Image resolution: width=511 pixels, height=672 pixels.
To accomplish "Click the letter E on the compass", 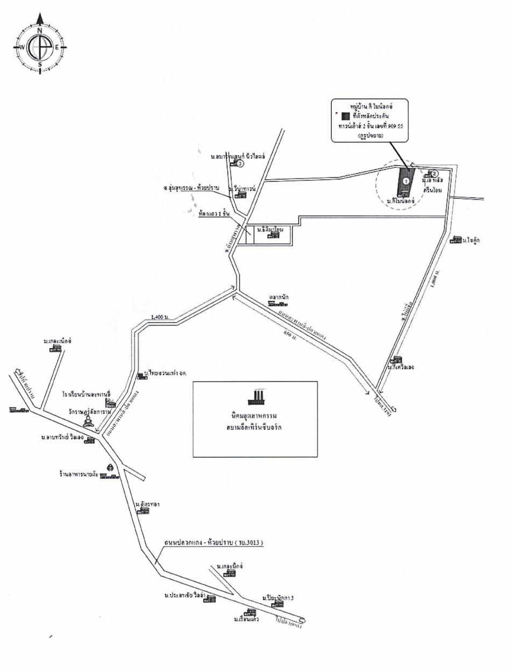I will point(57,47).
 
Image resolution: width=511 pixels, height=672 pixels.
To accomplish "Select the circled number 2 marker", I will point(436,173).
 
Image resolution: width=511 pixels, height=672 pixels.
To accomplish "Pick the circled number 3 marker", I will point(242,164).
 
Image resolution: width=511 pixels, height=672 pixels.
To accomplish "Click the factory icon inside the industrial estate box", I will point(256,397).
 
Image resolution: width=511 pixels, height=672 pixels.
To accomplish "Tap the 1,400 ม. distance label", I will point(159,318).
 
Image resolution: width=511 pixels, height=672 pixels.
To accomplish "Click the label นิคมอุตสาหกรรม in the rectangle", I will point(255,417).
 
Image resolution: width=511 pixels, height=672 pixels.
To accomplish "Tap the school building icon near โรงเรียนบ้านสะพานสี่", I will point(110,402).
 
